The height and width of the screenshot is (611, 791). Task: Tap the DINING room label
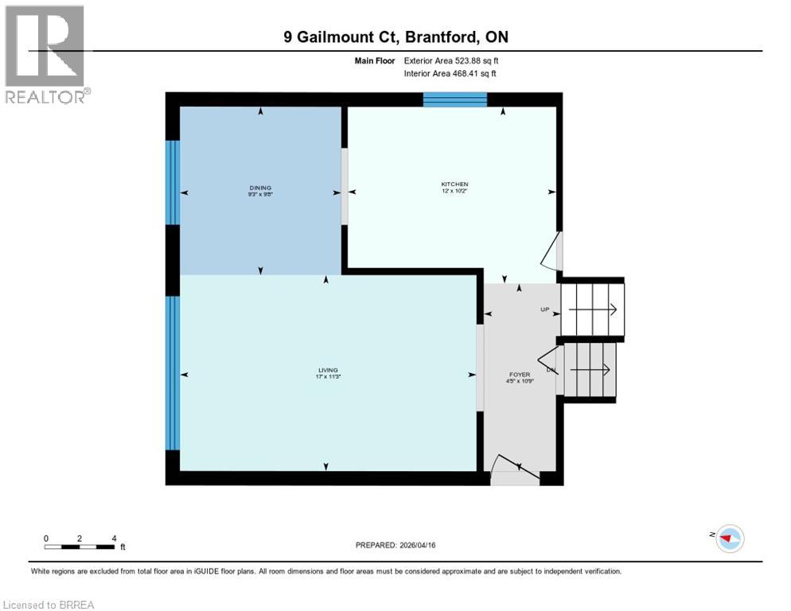259,188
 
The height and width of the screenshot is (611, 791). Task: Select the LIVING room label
328,370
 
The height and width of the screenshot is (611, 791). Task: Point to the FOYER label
520,374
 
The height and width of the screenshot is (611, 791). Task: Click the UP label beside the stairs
545,309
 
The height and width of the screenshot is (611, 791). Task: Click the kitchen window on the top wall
454,99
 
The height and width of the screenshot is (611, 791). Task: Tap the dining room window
173,182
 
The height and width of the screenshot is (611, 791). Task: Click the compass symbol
728,539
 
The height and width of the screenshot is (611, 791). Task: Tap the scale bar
80,547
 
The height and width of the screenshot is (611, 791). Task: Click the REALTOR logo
46,54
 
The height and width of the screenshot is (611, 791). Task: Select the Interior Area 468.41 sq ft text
451,74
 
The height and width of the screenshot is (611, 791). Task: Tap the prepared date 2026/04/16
395,545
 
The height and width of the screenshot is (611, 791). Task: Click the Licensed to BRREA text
49,605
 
